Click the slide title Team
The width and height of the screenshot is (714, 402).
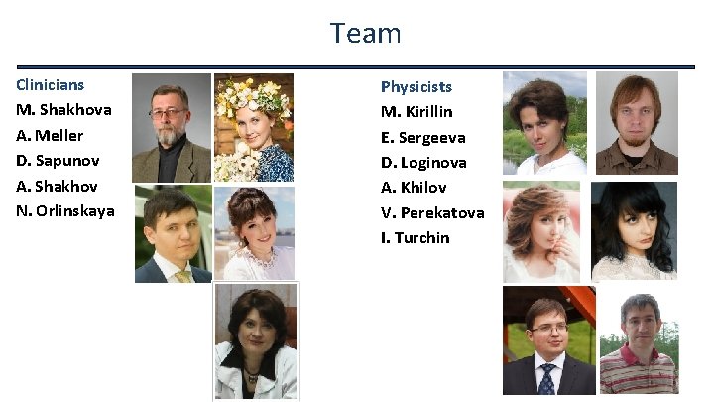[x=366, y=33]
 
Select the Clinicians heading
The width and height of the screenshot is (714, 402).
[x=51, y=85]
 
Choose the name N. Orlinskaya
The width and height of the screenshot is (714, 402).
[x=65, y=210]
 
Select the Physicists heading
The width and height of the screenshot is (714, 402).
[x=416, y=87]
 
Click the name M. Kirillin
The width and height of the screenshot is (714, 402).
[x=416, y=112]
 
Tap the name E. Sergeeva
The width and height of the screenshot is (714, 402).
[x=423, y=137]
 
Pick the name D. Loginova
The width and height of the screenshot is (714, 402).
[x=423, y=162]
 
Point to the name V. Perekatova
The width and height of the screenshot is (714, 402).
[x=432, y=212]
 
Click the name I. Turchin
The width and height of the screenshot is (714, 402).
[x=416, y=237]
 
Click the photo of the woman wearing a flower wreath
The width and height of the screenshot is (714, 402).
[x=253, y=127]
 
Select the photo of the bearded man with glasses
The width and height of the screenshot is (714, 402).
[x=171, y=127]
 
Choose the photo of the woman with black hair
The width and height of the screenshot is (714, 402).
[x=634, y=230]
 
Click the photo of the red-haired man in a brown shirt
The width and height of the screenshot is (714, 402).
[x=636, y=122]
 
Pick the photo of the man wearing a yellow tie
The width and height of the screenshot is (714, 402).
[x=173, y=234]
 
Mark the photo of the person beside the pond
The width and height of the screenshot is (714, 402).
[x=544, y=123]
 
